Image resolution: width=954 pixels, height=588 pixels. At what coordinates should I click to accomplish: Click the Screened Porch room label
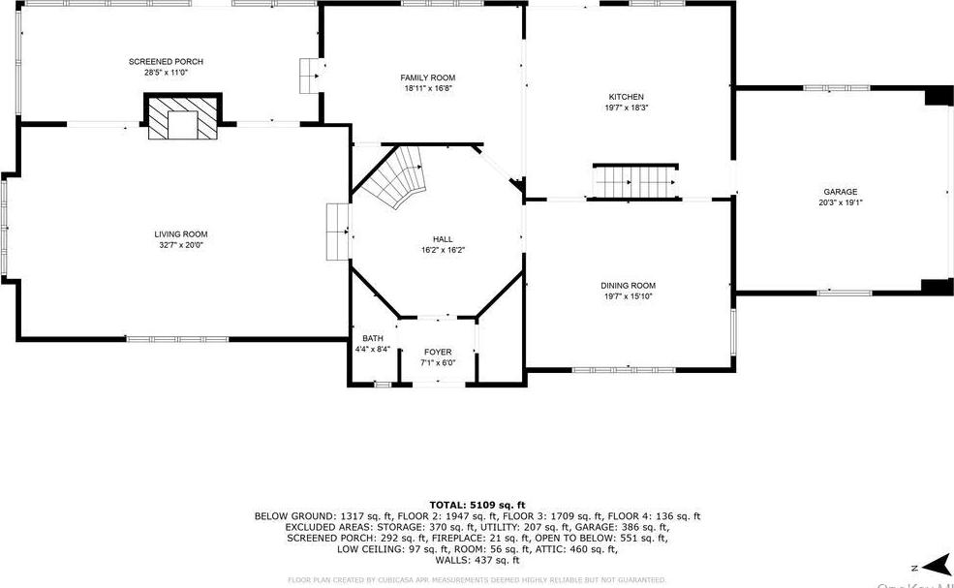(166, 62)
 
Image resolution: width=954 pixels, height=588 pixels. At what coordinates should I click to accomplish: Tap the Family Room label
(427, 77)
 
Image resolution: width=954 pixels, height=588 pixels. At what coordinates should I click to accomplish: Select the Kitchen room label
(626, 97)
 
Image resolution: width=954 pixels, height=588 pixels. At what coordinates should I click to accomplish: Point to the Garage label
(840, 192)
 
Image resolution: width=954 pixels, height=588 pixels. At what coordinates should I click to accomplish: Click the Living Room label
(180, 234)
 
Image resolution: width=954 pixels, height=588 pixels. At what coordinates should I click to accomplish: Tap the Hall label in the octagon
(443, 239)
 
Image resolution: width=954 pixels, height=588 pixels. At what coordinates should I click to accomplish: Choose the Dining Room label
(628, 286)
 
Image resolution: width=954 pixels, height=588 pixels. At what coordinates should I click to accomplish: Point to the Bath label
(373, 339)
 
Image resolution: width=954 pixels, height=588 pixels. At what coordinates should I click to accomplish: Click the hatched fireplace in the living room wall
(183, 117)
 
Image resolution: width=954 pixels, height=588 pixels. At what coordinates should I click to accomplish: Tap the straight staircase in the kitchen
(633, 181)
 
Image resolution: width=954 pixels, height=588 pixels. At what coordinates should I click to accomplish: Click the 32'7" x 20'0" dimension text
(180, 245)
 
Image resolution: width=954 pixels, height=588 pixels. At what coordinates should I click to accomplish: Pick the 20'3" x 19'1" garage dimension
(840, 203)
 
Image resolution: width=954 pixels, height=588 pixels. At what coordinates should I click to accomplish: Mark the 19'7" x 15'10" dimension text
(628, 296)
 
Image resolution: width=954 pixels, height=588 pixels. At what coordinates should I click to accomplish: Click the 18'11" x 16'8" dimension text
(427, 88)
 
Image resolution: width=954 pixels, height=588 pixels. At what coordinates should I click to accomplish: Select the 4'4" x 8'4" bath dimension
(373, 350)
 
